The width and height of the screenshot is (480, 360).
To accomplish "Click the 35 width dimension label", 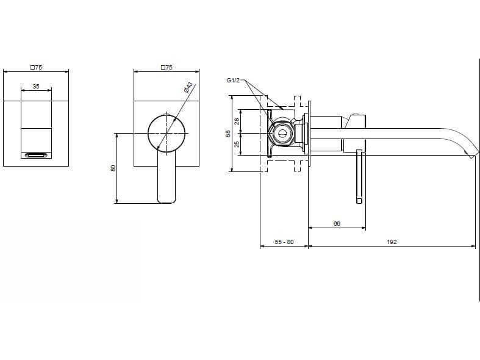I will [x=36, y=87].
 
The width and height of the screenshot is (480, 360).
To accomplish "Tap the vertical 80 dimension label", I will [x=113, y=168].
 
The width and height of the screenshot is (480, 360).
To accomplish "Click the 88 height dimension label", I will [x=228, y=133].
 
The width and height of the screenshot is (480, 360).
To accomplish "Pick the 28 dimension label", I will [x=238, y=121].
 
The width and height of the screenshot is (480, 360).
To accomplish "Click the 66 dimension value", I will [x=337, y=224].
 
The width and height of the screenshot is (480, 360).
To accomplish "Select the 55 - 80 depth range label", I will [x=284, y=242].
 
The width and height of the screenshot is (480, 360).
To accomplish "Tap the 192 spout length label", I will [x=392, y=242].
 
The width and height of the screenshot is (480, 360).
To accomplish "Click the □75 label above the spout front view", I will [x=36, y=67].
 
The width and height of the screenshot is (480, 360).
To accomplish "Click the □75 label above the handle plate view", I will [x=167, y=67].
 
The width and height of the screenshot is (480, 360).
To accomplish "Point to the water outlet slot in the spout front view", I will [x=36, y=156].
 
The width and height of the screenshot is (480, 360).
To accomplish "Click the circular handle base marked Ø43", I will [x=167, y=132].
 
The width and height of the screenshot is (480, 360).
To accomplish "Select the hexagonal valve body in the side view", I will [x=281, y=132].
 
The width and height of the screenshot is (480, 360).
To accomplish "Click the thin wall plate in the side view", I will [x=309, y=132].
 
